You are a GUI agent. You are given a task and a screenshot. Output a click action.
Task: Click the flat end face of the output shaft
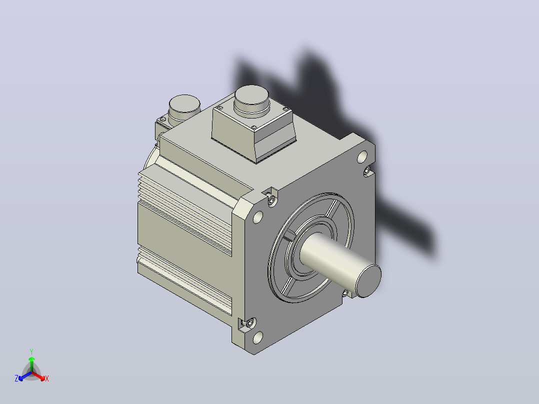click(368, 281)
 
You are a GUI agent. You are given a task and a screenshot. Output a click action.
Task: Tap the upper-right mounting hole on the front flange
click(362, 157)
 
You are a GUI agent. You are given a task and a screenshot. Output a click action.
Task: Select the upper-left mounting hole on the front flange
click(258, 217)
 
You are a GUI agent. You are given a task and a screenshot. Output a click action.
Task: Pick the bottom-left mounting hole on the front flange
click(258, 337)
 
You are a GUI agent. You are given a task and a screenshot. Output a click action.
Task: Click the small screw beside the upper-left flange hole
click(271, 200)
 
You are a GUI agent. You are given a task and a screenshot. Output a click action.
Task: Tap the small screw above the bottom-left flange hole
click(250, 323)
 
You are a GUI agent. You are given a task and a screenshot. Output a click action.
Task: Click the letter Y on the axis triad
click(31, 351)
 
